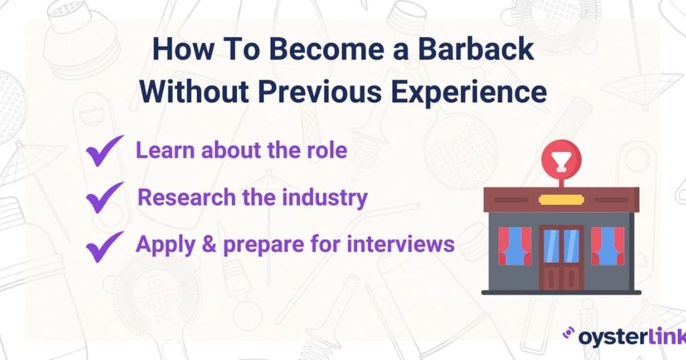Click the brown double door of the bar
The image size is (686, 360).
[x=561, y=257]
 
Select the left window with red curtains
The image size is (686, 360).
[x=514, y=245]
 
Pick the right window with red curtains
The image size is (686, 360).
[x=607, y=245]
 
